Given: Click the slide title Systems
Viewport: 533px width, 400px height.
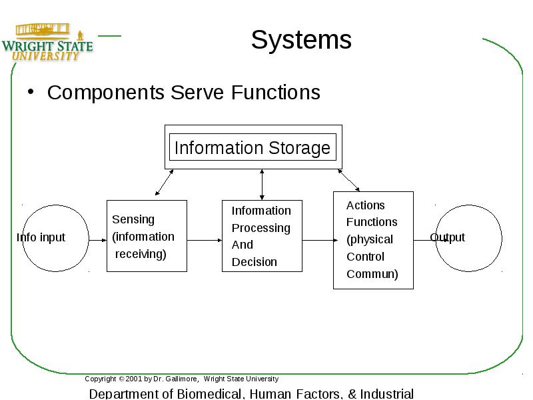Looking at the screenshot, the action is point(301,40).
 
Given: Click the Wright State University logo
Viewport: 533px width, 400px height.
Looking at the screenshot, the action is point(47,42).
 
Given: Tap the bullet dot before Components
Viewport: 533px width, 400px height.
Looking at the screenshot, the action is point(31,92).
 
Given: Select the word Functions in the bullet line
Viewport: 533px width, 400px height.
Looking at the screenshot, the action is point(276,92).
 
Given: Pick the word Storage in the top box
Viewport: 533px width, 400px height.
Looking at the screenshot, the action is point(299,148).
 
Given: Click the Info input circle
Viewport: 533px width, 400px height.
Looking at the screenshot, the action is point(56,205).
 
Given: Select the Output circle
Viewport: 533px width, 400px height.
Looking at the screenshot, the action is point(469,205).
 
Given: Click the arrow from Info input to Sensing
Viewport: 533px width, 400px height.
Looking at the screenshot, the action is point(98,240).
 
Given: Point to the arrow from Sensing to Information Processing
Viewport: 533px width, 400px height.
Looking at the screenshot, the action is point(205,240).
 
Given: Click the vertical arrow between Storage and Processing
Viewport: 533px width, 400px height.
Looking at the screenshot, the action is point(262,185).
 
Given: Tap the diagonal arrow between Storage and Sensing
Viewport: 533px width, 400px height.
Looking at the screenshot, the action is point(164,182).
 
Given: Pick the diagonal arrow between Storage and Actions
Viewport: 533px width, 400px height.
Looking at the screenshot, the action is point(348,180).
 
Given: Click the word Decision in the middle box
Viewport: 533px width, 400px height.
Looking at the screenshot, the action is point(255,262).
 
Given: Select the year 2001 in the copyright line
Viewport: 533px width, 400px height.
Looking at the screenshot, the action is point(134,379).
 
